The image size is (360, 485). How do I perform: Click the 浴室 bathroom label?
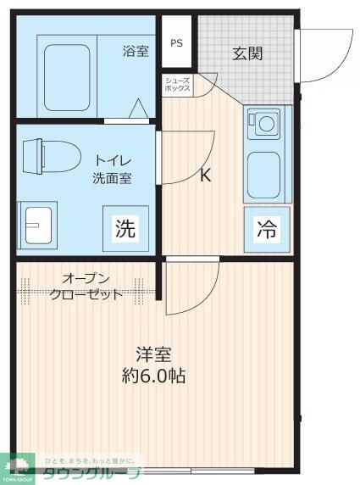(136, 51)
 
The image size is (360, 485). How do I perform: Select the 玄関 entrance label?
(247, 53)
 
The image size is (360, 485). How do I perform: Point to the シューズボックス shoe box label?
(178, 83)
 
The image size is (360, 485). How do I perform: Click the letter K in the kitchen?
(206, 176)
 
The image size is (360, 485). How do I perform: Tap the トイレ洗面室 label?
(112, 170)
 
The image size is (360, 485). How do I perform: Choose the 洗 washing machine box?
(125, 228)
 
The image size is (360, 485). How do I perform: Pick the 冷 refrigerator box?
(266, 229)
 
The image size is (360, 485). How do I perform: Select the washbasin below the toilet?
(37, 225)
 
